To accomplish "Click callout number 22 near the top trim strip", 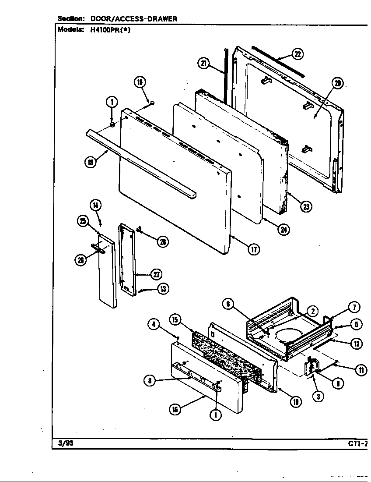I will click(x=297, y=54).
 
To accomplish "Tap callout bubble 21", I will click(x=203, y=64).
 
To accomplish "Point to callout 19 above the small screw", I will click(x=140, y=82).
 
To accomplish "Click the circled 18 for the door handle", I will click(x=90, y=162).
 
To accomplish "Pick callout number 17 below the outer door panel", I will click(x=253, y=249).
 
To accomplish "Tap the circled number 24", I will click(x=284, y=229).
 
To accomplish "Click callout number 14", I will click(x=95, y=205).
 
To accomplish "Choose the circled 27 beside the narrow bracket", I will click(x=156, y=275).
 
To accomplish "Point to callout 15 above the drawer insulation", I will click(x=175, y=320).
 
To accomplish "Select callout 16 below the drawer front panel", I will click(x=175, y=410).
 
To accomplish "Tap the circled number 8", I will click(x=150, y=381).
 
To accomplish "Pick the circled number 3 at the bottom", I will click(x=318, y=397).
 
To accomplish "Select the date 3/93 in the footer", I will click(x=66, y=443).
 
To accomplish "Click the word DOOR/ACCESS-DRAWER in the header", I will click(x=133, y=18).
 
